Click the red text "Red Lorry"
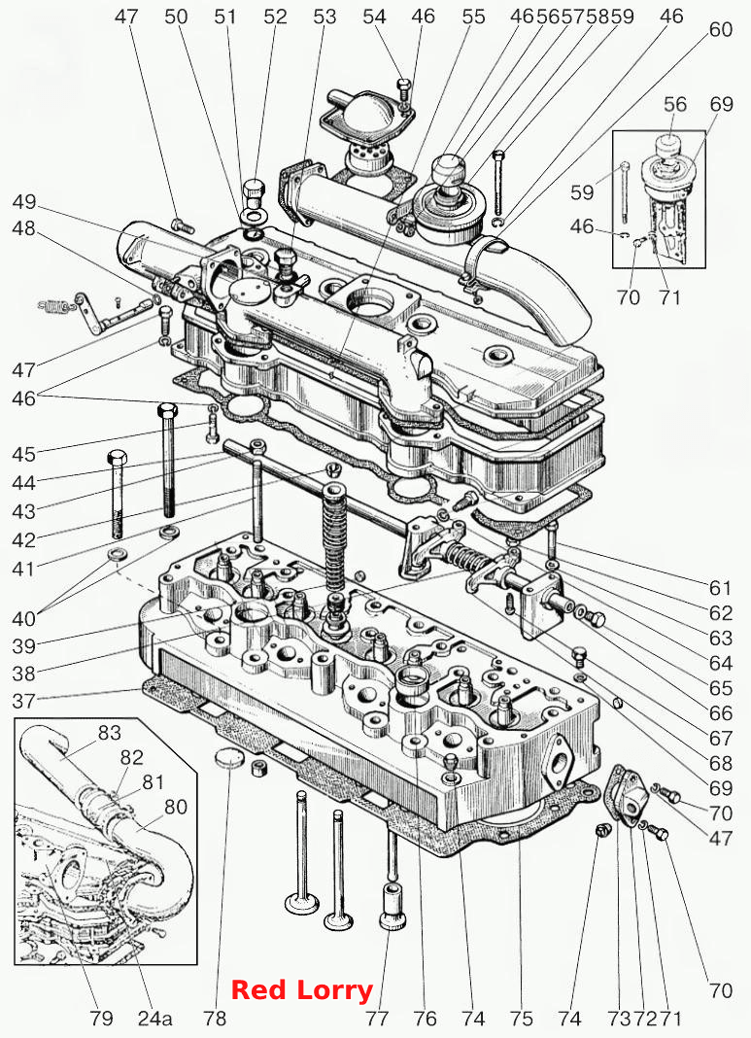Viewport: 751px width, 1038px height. (302, 991)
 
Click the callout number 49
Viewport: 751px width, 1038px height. (24, 202)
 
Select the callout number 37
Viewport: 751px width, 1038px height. (24, 701)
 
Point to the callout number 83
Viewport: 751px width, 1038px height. (109, 733)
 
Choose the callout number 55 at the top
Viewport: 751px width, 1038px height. (473, 17)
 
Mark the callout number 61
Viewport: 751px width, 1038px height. (721, 588)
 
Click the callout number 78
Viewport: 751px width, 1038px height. (215, 1019)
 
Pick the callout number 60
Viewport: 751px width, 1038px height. (721, 30)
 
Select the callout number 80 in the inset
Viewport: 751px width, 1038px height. (175, 807)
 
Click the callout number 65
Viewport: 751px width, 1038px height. (721, 688)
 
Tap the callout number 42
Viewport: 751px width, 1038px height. (24, 539)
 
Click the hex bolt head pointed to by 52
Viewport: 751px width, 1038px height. (255, 191)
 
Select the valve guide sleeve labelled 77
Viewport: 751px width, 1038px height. (393, 906)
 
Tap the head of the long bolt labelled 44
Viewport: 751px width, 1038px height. (167, 408)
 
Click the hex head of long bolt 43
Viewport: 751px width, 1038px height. (117, 458)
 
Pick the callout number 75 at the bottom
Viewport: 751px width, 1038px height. (522, 1019)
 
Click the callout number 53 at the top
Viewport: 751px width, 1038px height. (324, 17)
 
